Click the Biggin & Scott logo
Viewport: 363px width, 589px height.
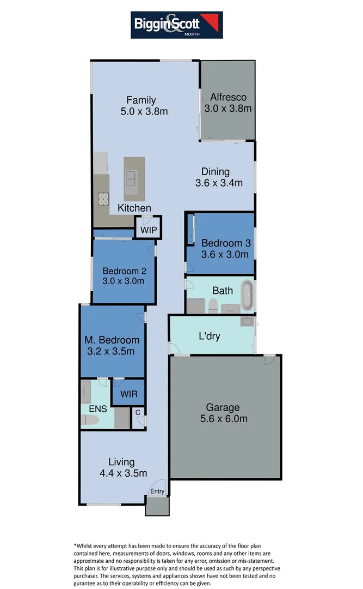(x=176, y=25)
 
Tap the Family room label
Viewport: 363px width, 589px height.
(x=141, y=100)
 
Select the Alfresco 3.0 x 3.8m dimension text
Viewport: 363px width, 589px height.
(x=228, y=109)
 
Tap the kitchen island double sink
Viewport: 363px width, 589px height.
(x=132, y=178)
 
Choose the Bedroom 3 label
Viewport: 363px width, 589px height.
(x=225, y=243)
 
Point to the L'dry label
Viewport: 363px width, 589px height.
(x=210, y=336)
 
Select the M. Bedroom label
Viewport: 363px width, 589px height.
(x=112, y=340)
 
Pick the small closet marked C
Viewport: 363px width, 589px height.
(x=138, y=413)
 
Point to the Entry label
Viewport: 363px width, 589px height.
(x=157, y=491)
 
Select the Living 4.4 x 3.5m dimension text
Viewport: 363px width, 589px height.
(x=123, y=473)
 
